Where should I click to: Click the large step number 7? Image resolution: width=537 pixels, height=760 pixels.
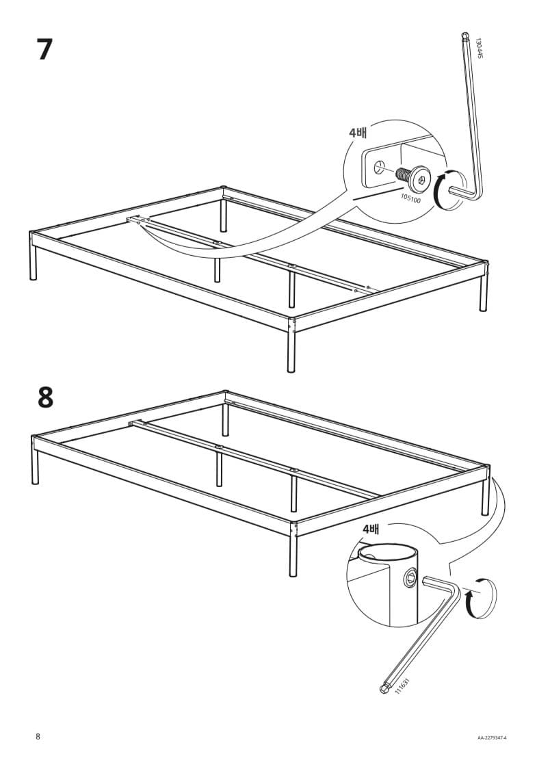(44, 49)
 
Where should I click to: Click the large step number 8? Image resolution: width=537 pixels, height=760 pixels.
(45, 398)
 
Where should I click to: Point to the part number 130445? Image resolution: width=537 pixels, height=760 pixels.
(479, 49)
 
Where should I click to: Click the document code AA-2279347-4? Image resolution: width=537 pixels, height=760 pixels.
(492, 738)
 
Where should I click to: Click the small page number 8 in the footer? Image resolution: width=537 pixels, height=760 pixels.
(38, 737)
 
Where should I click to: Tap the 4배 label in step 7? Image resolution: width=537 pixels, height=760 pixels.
(358, 132)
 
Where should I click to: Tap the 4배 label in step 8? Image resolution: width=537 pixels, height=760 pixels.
(371, 529)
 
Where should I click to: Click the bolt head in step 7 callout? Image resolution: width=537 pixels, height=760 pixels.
(420, 179)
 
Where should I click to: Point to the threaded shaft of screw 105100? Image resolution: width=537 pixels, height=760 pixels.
(403, 174)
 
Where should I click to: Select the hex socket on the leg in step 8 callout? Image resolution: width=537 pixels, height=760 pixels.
(410, 577)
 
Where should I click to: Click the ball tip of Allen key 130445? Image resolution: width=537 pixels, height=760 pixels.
(464, 35)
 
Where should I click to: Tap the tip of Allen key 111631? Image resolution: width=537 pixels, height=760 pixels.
(384, 690)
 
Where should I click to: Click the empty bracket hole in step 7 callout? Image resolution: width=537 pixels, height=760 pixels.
(379, 168)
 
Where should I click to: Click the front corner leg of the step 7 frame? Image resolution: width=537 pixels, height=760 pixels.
(291, 345)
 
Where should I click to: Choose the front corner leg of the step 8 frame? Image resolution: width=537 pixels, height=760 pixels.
(293, 549)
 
